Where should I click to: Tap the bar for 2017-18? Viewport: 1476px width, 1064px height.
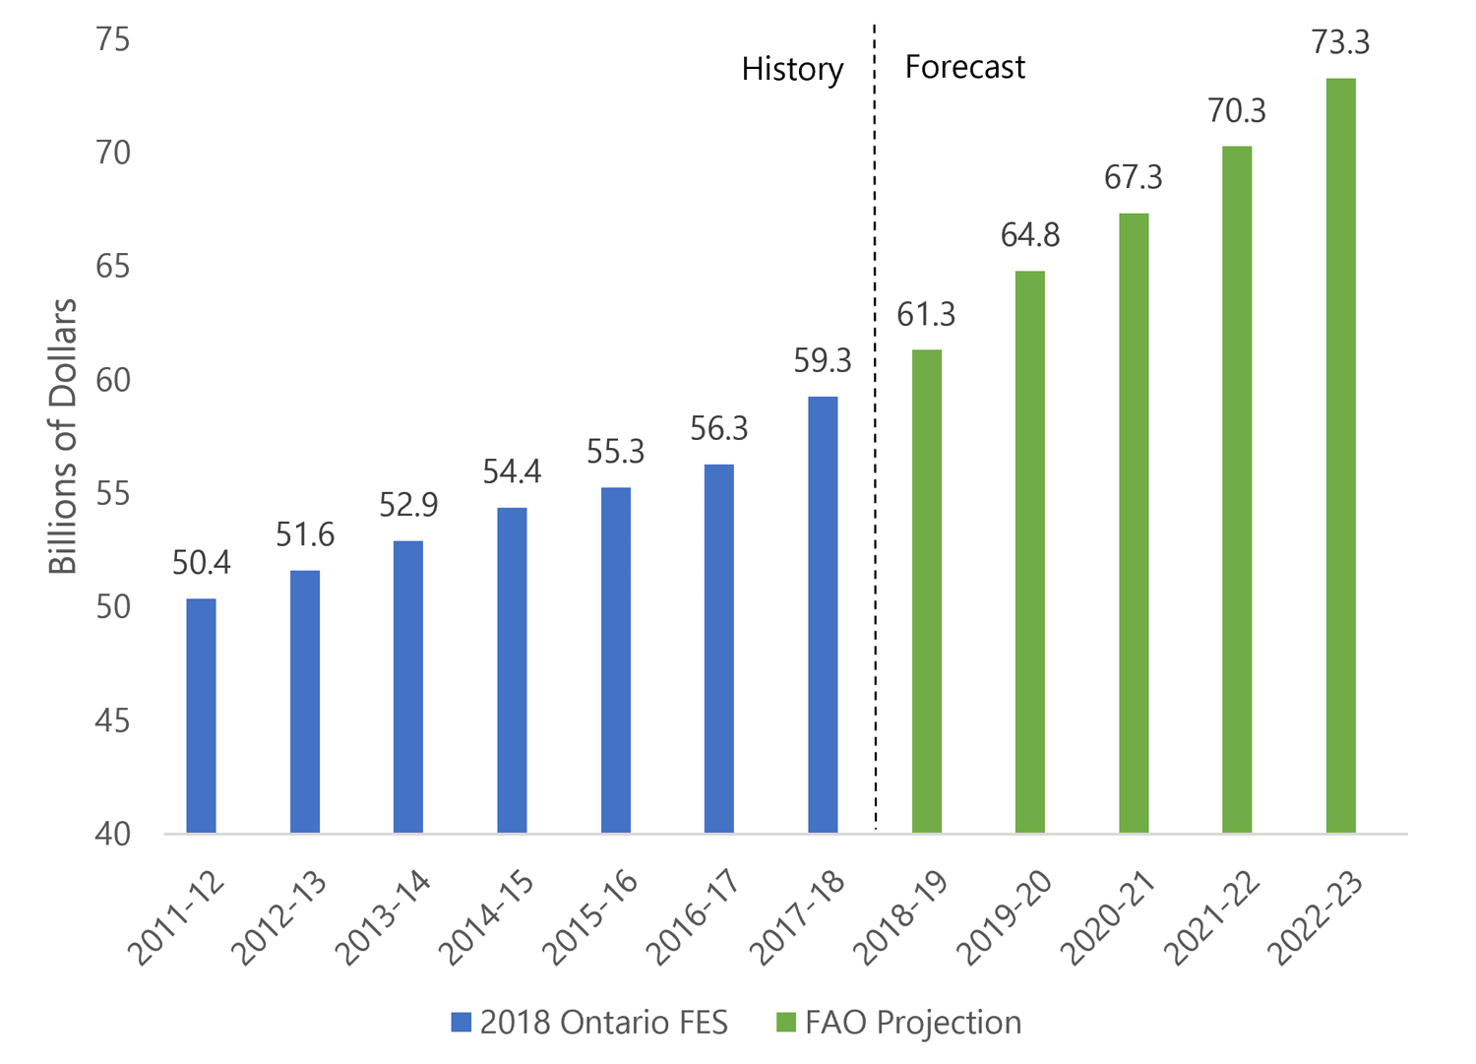[x=823, y=615]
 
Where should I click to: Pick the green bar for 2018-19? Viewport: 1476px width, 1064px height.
[x=926, y=592]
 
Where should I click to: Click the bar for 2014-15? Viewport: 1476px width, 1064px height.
[x=512, y=670]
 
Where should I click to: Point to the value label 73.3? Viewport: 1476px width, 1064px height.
[x=1340, y=42]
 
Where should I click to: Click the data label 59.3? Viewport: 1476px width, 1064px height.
[x=823, y=361]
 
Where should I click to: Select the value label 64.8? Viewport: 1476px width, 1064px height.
[x=1030, y=235]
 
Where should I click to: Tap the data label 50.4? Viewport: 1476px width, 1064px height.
[x=201, y=563]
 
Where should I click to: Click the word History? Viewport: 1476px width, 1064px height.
[x=792, y=69]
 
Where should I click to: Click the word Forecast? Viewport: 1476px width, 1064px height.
[x=964, y=67]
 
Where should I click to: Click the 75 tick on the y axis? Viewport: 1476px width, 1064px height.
[x=113, y=39]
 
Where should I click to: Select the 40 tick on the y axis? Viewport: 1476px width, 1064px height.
[x=113, y=834]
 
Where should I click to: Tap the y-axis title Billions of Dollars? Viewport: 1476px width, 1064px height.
[x=63, y=436]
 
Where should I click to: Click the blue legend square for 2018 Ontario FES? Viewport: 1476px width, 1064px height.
[x=461, y=1023]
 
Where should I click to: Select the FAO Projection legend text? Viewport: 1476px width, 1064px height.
[x=912, y=1023]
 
